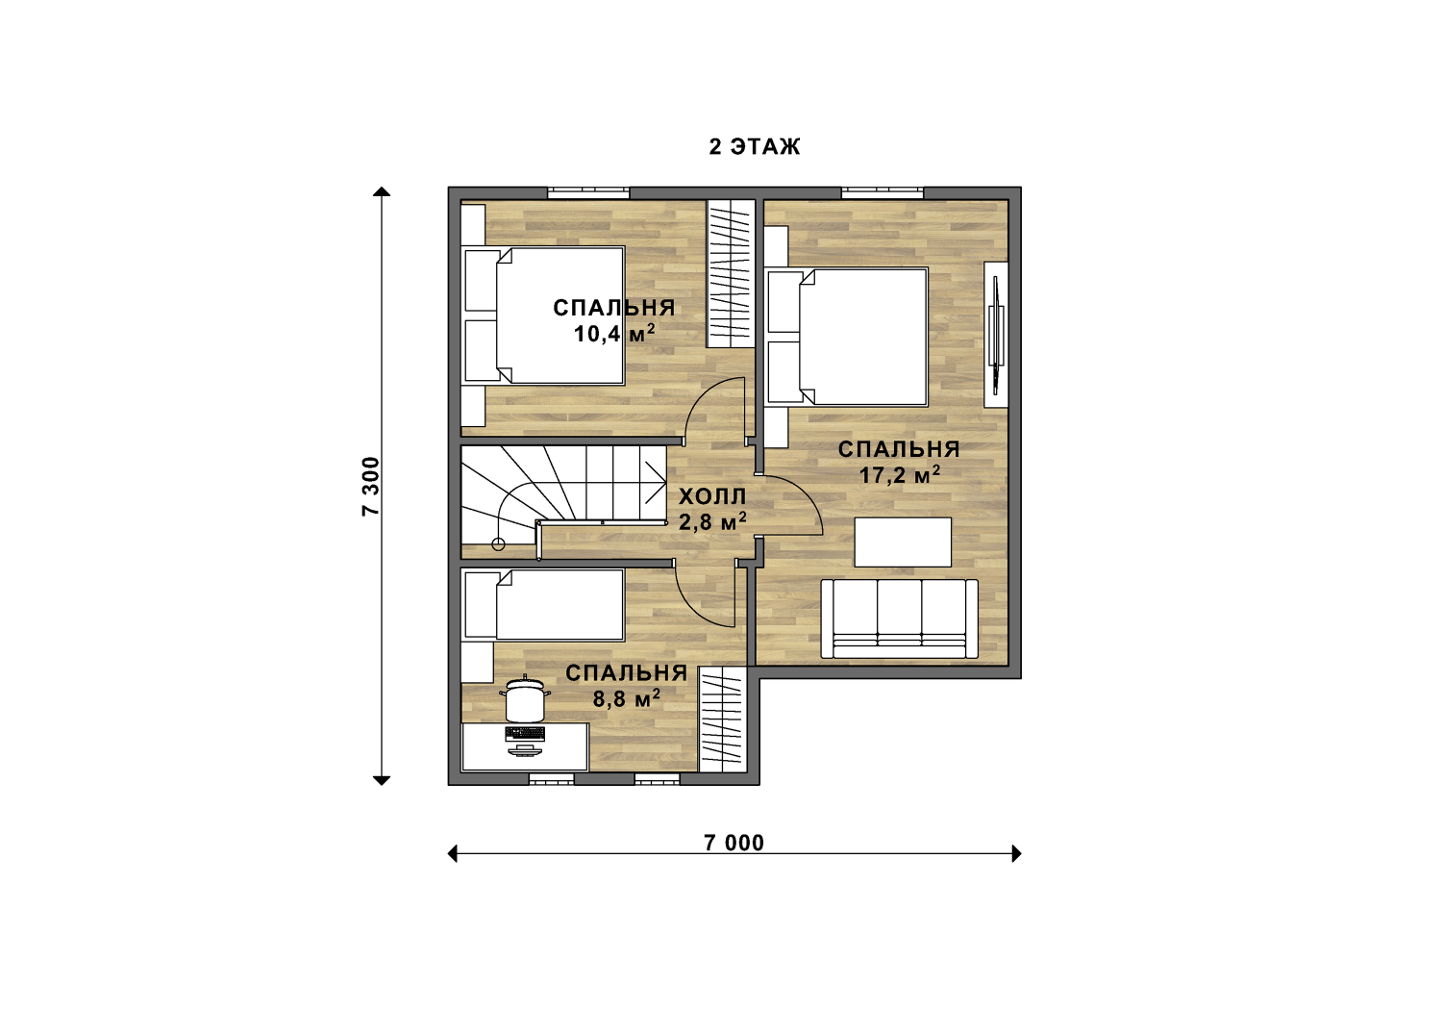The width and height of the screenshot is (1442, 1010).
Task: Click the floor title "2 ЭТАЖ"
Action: [x=755, y=147]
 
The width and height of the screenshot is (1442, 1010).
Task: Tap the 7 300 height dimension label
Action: [x=371, y=487]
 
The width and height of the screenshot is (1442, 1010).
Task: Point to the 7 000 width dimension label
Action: [x=733, y=843]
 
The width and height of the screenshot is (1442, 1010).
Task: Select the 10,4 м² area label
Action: [x=614, y=334]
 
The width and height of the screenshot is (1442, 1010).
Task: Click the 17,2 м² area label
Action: [x=899, y=475]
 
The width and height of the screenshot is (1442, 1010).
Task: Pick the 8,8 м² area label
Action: [x=627, y=698]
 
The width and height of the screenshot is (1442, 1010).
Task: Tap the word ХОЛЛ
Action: [x=712, y=496]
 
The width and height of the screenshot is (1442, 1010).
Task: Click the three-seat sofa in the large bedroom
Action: [x=899, y=619]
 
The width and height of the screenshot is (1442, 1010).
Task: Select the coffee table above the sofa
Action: [x=903, y=543]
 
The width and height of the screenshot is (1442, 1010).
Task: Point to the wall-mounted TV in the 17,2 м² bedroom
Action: [x=996, y=335]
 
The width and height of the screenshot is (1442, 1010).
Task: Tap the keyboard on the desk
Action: [x=525, y=733]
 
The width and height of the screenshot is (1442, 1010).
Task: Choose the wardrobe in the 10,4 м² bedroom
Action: [x=731, y=274]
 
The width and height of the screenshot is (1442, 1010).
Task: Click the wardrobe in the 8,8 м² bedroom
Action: [x=722, y=720]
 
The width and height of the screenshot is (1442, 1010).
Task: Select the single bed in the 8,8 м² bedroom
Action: [x=543, y=605]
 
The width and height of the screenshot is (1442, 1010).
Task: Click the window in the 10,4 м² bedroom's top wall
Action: [x=588, y=191]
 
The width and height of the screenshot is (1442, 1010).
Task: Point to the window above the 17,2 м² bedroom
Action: [x=882, y=191]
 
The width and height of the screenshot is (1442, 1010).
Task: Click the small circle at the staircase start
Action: [x=498, y=544]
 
